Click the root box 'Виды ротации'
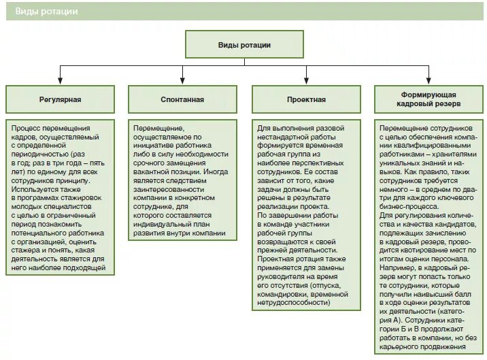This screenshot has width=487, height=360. pos(244,45)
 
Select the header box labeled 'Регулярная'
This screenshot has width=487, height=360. pos(60,99)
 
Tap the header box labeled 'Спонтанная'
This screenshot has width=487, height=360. pos(182,99)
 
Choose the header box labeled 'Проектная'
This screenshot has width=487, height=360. pos(305,99)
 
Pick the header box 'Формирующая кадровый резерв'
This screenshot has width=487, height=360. pos(428,99)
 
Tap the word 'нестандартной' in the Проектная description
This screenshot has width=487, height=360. pos(282,137)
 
